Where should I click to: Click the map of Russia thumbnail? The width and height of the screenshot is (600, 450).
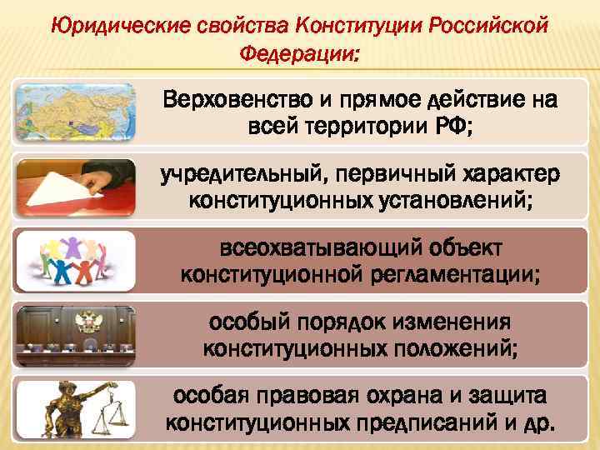74,112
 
